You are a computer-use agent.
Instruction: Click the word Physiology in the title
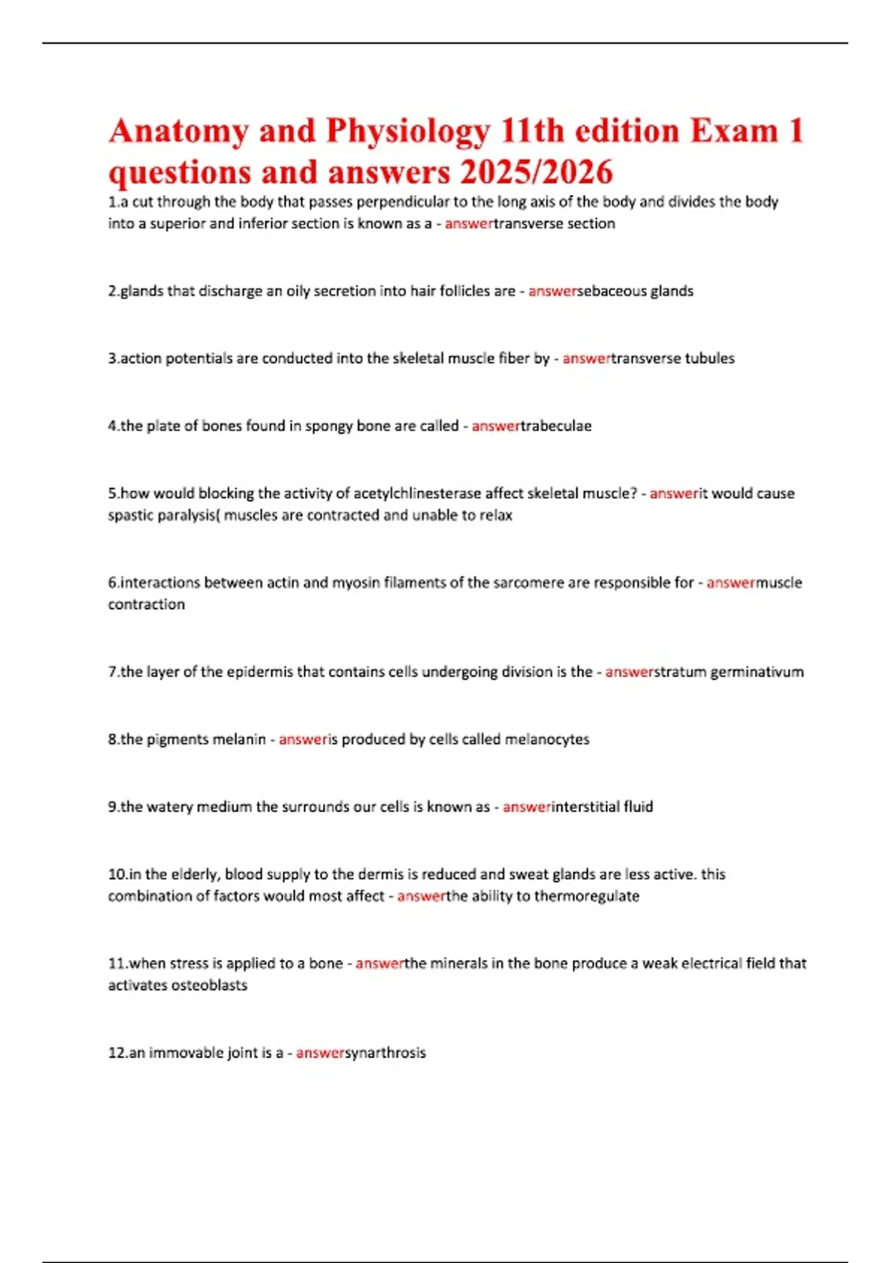(408, 132)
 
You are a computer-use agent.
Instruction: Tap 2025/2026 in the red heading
(536, 172)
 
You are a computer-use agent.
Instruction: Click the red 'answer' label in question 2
(552, 291)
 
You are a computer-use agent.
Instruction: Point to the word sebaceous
(611, 291)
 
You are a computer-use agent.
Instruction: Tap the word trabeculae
(555, 426)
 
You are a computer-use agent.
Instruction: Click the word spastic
(131, 516)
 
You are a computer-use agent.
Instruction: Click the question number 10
(117, 874)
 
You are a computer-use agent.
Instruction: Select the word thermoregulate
(587, 896)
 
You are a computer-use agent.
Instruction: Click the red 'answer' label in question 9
(526, 807)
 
